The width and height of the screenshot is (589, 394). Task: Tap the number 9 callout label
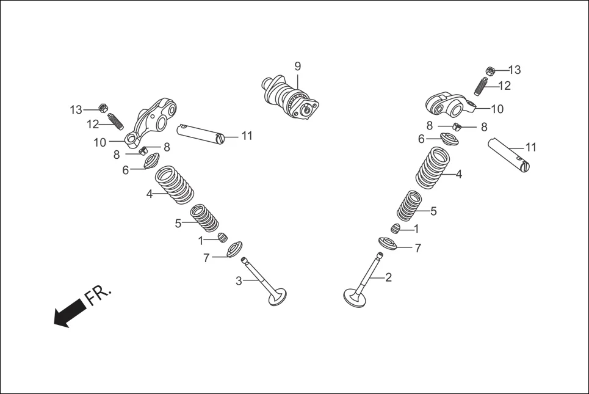298,66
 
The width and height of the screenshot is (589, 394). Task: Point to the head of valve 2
353,298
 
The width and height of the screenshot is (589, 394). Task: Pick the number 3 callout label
239,280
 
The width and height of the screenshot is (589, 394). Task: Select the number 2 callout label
388,277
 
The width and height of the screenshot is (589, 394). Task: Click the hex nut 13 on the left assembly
103,109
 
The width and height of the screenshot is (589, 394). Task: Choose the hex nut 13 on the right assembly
490,71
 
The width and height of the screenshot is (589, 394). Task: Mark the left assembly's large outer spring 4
174,185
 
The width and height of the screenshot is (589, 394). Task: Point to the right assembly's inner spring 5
409,206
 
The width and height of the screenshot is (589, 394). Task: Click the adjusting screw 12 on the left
115,121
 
